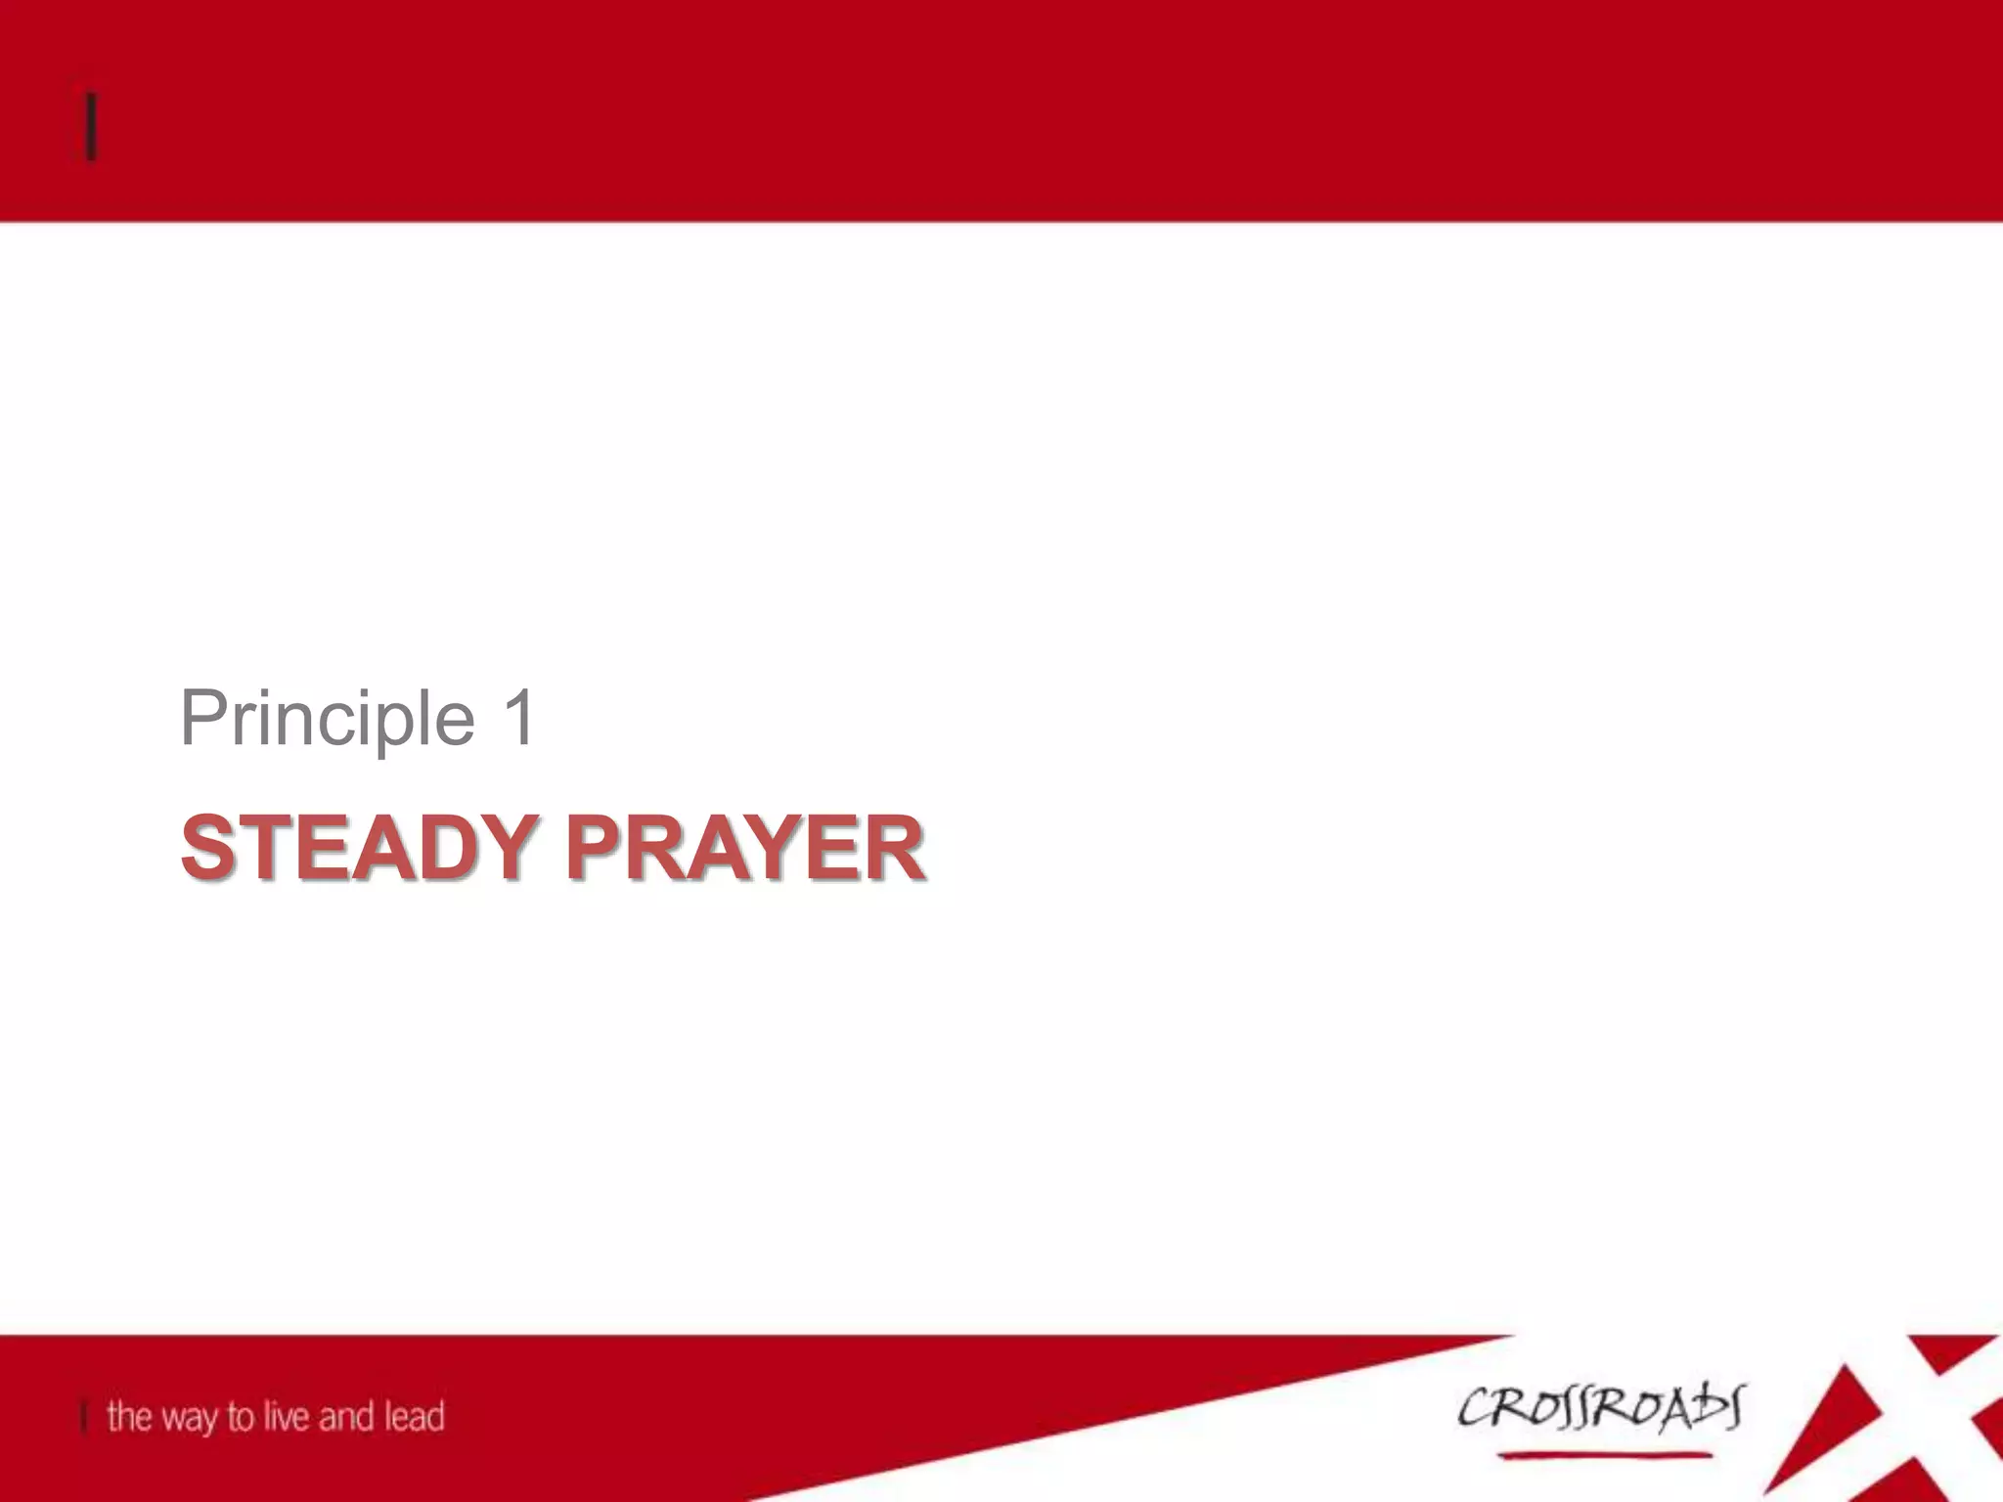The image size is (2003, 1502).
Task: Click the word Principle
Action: point(328,719)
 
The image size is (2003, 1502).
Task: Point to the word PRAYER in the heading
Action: point(745,847)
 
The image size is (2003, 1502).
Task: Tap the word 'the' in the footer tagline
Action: point(129,1416)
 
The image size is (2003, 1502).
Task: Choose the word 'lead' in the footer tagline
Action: point(414,1416)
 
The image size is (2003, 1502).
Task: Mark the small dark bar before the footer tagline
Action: point(85,1416)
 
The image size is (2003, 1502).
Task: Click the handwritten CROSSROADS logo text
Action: point(1600,1408)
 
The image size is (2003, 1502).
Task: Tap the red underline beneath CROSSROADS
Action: point(1604,1456)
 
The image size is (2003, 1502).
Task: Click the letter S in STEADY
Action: point(211,847)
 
